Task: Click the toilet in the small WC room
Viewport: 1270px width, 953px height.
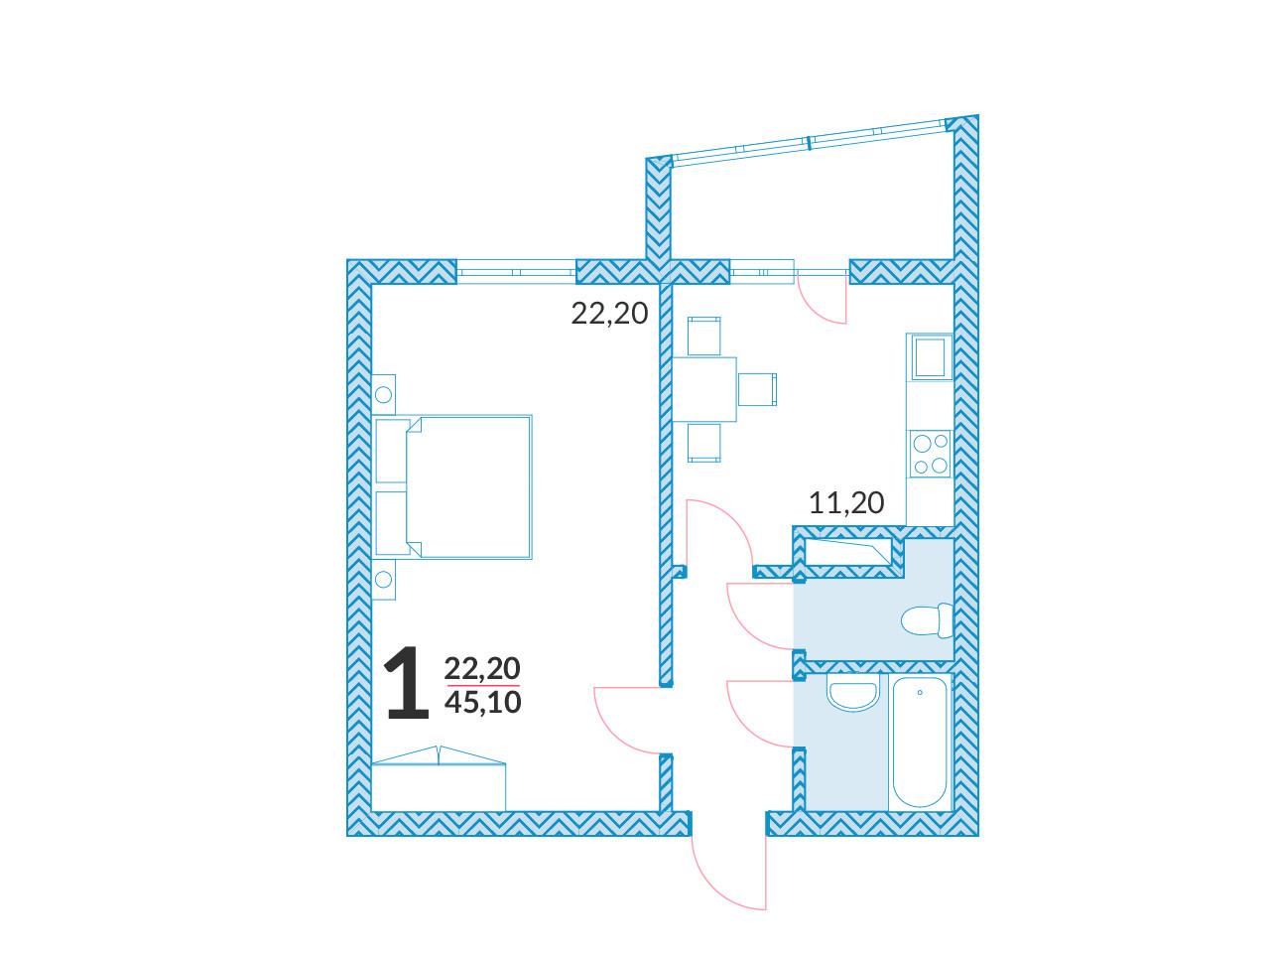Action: point(927,620)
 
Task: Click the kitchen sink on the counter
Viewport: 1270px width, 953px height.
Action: point(929,357)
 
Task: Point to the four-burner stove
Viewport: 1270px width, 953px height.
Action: point(931,454)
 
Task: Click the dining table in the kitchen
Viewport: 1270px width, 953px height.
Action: point(704,389)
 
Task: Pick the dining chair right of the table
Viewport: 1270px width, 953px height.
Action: point(757,389)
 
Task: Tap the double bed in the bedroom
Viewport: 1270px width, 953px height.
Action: point(451,486)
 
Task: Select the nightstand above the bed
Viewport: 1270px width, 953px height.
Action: point(384,395)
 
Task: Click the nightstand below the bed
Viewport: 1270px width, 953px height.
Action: point(384,579)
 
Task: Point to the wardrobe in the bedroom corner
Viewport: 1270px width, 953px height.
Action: point(439,778)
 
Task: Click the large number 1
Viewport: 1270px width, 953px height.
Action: point(409,683)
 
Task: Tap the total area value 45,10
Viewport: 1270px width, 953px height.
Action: point(482,703)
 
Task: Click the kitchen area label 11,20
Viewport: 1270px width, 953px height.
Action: point(846,503)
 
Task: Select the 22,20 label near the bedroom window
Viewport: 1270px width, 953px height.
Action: point(609,314)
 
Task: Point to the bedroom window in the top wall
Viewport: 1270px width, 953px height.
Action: point(517,271)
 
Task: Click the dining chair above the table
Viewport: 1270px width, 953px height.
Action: point(704,337)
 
